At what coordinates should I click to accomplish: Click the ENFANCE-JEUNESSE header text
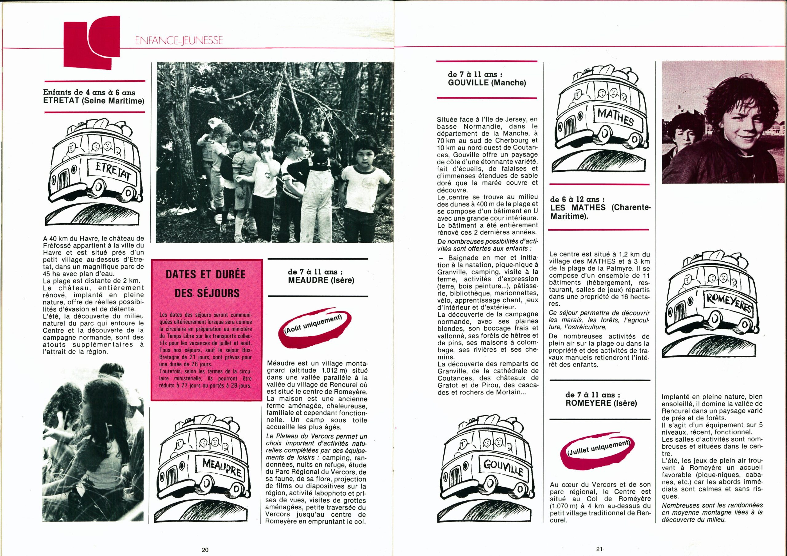[x=179, y=41]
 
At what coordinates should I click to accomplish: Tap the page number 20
[x=205, y=550]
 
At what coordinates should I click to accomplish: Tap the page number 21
[x=599, y=549]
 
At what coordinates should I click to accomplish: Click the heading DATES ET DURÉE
[x=205, y=274]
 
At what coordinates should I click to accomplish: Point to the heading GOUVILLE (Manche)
[x=487, y=83]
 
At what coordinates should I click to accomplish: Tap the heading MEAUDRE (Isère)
[x=321, y=280]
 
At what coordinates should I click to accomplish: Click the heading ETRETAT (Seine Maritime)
[x=93, y=101]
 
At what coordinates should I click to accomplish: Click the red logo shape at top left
[x=92, y=42]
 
